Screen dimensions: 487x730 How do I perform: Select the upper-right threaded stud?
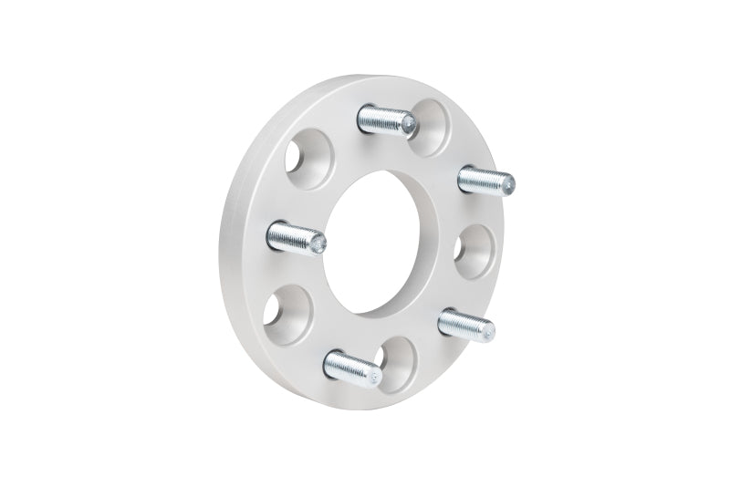[x=485, y=179]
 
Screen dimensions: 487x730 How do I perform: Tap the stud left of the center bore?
[x=295, y=239]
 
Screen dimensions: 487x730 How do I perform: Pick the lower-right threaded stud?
[x=465, y=324]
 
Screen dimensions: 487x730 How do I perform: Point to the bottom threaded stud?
[x=352, y=368]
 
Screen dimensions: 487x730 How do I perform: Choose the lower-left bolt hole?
[x=287, y=308]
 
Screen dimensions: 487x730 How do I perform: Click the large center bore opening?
[x=388, y=242]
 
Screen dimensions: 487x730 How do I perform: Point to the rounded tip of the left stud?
[x=319, y=243]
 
